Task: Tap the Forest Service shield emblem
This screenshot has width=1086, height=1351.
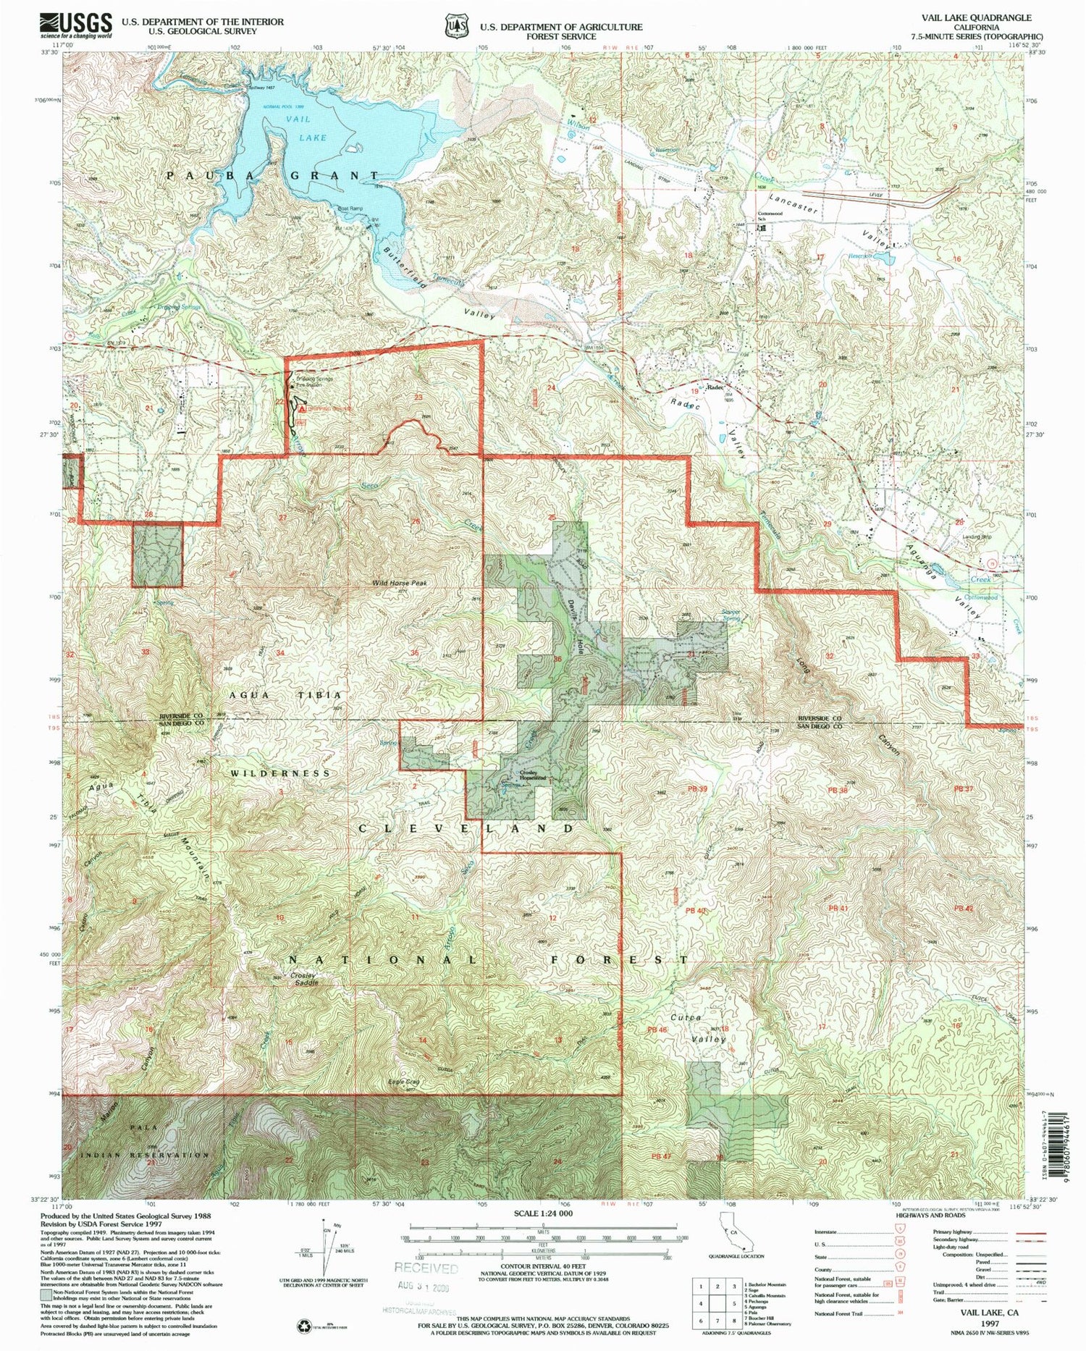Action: coord(455,26)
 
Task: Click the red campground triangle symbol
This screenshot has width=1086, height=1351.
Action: coord(301,408)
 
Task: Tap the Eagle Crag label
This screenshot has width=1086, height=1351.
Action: coord(404,1082)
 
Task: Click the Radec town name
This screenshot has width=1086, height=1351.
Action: coord(715,387)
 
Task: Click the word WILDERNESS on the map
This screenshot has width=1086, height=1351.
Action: coord(280,773)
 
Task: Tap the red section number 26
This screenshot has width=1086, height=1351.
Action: coord(415,521)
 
